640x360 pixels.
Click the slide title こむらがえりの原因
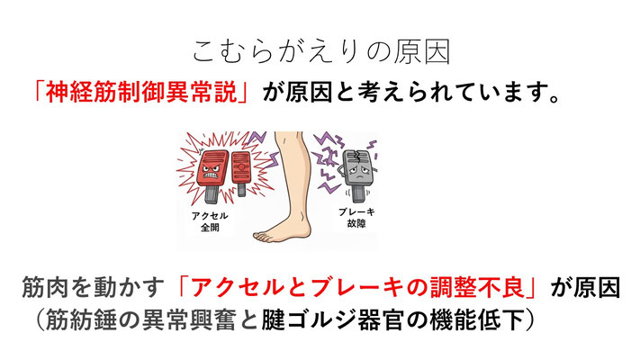point(320,50)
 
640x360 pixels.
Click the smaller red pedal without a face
point(243,166)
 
